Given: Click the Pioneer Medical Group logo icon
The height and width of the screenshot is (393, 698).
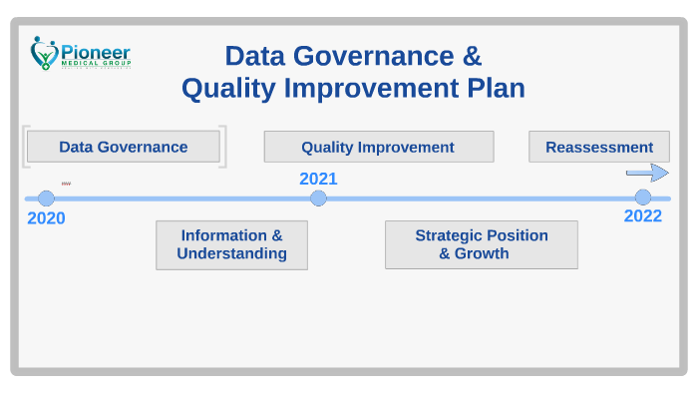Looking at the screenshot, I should (43, 53).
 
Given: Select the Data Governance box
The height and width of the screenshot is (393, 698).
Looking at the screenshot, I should (123, 147).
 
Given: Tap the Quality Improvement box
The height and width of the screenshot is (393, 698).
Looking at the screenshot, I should (378, 147).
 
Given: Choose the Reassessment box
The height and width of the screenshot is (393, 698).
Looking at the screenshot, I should (599, 147).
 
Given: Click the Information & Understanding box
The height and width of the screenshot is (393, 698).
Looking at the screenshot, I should (231, 244).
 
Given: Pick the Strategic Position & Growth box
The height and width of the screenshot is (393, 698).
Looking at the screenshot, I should (481, 244).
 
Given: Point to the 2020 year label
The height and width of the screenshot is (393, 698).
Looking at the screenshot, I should (46, 218).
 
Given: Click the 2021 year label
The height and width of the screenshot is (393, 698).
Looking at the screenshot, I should (318, 179).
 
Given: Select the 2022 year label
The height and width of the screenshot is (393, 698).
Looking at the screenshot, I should (643, 216).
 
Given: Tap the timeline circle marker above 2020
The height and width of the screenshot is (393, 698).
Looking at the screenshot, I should (46, 198).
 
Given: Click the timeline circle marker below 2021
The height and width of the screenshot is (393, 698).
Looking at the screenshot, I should (318, 198).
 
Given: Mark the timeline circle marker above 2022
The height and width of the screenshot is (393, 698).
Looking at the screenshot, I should (643, 197).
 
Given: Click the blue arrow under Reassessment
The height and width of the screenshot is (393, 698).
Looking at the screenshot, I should (647, 173).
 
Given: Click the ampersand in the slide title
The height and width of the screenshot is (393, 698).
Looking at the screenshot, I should (474, 55).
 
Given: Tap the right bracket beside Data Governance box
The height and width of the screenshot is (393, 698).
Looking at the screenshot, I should (223, 147).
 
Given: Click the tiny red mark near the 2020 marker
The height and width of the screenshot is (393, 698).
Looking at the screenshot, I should (66, 184).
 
